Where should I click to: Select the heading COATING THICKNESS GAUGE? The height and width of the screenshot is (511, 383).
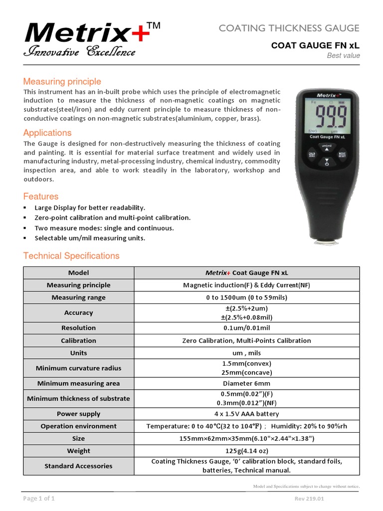coord(289,28)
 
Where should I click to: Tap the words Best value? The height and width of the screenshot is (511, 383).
coord(343,55)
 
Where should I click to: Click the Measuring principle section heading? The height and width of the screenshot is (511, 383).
coord(62,81)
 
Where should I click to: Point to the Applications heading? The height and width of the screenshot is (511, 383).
coord(47,133)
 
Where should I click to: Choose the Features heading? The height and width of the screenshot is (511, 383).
coord(41,196)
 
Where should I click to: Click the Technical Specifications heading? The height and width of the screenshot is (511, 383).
coord(71,255)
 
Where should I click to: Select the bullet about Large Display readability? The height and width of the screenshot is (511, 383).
coord(89,208)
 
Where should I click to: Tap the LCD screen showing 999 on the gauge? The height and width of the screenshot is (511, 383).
coord(326,116)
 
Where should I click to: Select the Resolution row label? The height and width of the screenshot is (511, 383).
coord(78,328)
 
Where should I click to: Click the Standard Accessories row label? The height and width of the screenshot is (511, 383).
coord(78,466)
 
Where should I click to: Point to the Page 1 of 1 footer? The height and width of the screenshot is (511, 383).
coord(39,499)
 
